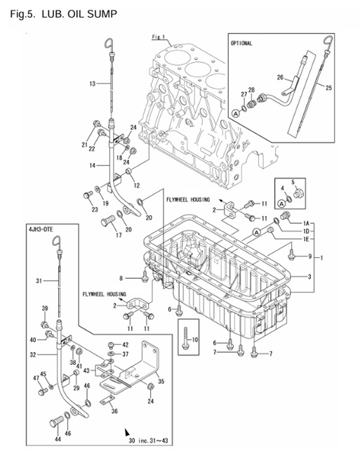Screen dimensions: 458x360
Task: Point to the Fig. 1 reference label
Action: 157,36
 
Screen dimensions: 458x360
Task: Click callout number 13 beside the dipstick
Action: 92,84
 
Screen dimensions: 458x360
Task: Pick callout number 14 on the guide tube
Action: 92,166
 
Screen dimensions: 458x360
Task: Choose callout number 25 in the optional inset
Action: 330,87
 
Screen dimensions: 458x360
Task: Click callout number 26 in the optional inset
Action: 279,77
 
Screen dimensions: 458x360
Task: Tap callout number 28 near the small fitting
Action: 251,90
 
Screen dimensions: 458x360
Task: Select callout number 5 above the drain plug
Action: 294,181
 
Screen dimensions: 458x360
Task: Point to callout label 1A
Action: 306,223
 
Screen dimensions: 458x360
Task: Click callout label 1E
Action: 306,240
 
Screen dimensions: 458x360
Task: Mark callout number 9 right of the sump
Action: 309,256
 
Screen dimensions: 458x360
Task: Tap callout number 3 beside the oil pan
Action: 309,278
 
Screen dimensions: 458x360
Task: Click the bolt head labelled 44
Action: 54,424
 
